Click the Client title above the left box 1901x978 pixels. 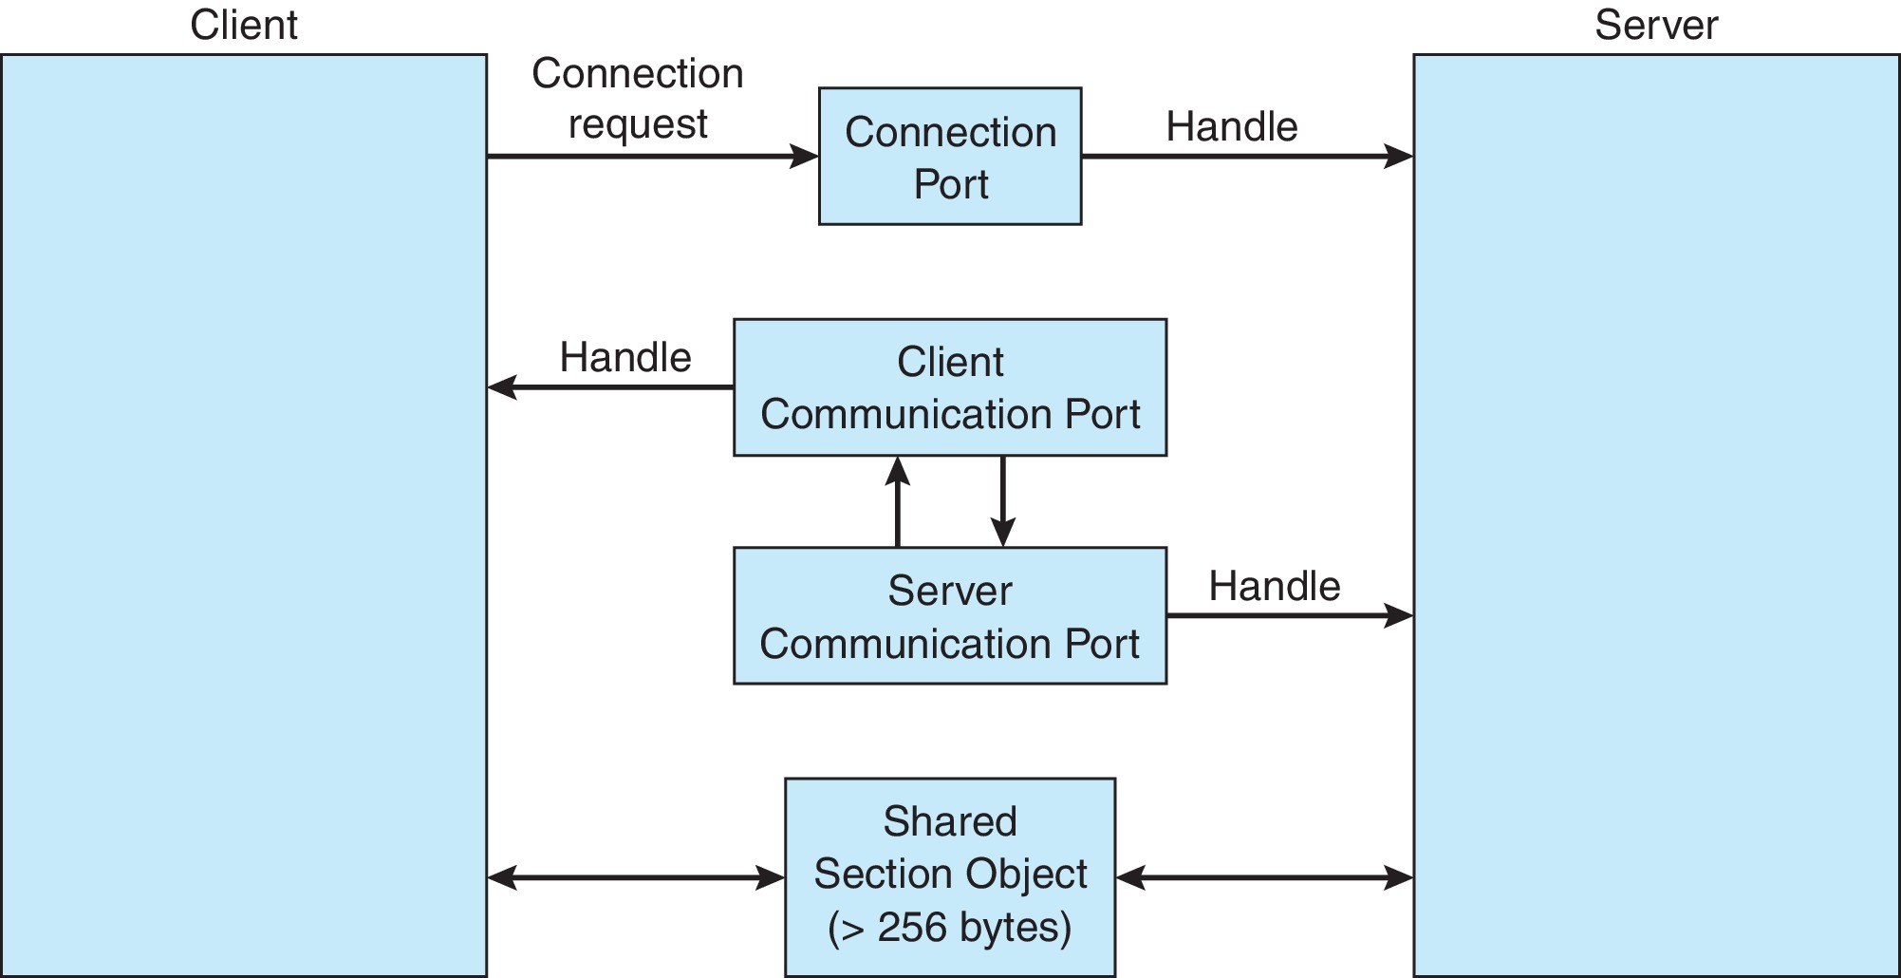pyautogui.click(x=243, y=25)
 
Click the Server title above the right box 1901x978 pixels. pyautogui.click(x=1655, y=25)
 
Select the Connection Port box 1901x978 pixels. pyautogui.click(x=949, y=157)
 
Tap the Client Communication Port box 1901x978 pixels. pyautogui.click(x=949, y=387)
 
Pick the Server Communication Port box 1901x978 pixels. pyautogui.click(x=949, y=616)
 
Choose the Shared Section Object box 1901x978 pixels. pyautogui.click(x=949, y=875)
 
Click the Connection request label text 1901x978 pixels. pyautogui.click(x=637, y=99)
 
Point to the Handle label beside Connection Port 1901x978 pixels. pyautogui.click(x=1231, y=126)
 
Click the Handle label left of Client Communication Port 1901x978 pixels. pyautogui.click(x=624, y=358)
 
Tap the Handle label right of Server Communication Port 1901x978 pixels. pyautogui.click(x=1274, y=587)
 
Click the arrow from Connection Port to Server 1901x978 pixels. pyautogui.click(x=1247, y=157)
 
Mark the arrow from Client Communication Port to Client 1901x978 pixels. pyautogui.click(x=610, y=387)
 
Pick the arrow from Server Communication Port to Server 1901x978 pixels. pyautogui.click(x=1290, y=616)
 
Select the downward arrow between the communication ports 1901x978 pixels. pyautogui.click(x=1003, y=501)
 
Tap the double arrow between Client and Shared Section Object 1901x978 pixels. pyautogui.click(x=636, y=878)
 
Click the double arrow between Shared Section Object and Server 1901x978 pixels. pyautogui.click(x=1264, y=878)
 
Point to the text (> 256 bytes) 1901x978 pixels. pyautogui.click(x=949, y=928)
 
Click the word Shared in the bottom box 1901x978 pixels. pyautogui.click(x=949, y=821)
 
